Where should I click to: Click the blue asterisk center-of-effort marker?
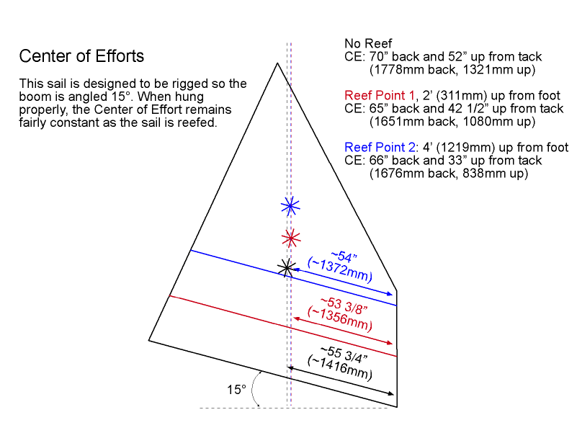tap(290, 207)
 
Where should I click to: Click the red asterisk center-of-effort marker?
tap(290, 238)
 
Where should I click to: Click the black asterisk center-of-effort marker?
tap(287, 267)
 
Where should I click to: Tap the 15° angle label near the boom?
tap(236, 389)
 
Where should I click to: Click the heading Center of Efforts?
tap(81, 56)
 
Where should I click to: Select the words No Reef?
tap(367, 43)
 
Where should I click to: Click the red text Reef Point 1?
tap(380, 95)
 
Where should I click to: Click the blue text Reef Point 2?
tap(380, 148)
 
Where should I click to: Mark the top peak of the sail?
tap(277, 63)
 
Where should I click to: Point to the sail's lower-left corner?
tap(149, 339)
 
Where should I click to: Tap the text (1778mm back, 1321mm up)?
tap(452, 70)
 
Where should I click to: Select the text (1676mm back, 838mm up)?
tap(449, 174)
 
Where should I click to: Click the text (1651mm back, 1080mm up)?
tap(452, 122)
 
